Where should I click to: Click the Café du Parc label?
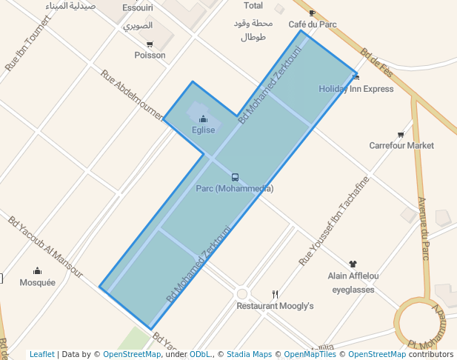click(x=313, y=24)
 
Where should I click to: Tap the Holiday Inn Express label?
click(x=356, y=89)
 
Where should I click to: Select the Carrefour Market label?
click(x=401, y=146)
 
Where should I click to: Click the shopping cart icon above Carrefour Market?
click(x=401, y=135)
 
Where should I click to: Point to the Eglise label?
click(x=203, y=130)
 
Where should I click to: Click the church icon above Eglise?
click(x=203, y=119)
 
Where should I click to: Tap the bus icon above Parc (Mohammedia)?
click(x=235, y=177)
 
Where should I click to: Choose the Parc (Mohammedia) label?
click(x=235, y=189)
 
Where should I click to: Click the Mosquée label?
click(x=37, y=282)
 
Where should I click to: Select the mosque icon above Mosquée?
click(x=37, y=271)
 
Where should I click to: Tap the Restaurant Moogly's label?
click(x=275, y=306)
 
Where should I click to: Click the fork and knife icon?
click(x=275, y=294)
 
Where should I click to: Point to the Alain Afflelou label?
click(x=353, y=276)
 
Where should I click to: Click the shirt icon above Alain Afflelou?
click(x=353, y=264)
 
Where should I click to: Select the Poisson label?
click(x=150, y=56)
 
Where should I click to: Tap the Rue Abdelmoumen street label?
click(x=132, y=96)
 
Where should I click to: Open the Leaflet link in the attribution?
click(x=41, y=354)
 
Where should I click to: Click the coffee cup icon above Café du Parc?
click(x=312, y=13)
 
